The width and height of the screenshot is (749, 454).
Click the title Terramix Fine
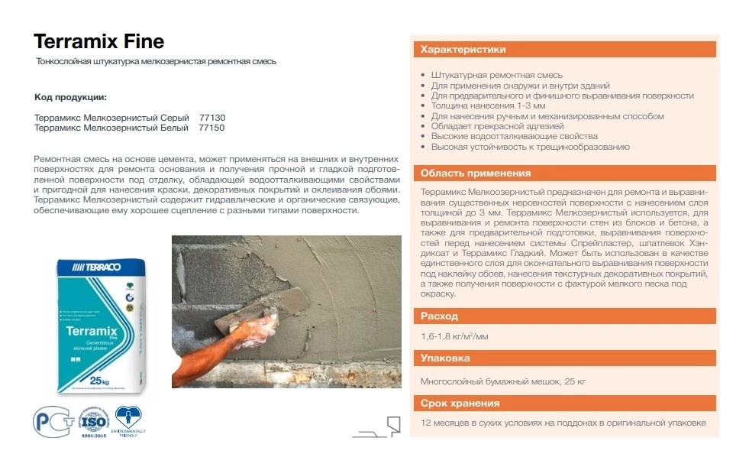click(x=99, y=41)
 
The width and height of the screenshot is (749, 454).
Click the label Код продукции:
click(x=71, y=98)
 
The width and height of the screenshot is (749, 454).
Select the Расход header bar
click(x=564, y=316)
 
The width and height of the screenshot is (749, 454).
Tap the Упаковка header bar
click(x=564, y=358)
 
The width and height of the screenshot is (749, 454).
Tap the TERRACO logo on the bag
click(x=102, y=269)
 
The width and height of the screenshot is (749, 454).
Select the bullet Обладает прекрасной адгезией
click(x=497, y=126)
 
